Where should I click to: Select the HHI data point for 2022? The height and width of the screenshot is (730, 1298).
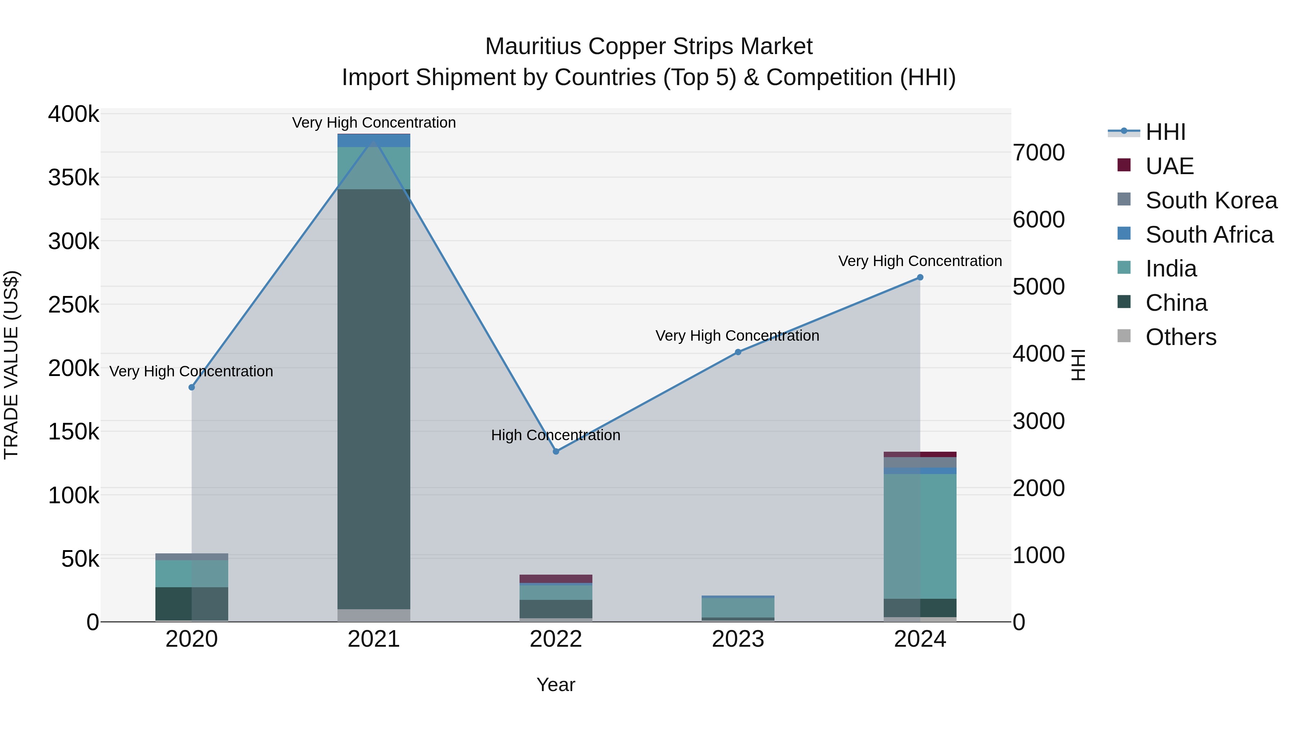556,451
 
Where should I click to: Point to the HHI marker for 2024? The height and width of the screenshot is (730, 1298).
920,277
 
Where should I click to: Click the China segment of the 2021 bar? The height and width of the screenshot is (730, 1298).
374,398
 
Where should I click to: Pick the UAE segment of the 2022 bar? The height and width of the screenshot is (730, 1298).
556,578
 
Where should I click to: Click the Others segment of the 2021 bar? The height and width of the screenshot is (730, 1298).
374,615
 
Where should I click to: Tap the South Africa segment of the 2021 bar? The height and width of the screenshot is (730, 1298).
374,141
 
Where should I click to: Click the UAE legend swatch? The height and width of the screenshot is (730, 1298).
1123,165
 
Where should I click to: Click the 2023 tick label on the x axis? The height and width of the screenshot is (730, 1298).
738,639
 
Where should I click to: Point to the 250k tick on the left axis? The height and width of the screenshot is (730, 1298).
74,305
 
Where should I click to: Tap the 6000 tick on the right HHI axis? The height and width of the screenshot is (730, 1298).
1039,220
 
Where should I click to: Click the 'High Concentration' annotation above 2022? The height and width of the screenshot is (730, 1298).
556,435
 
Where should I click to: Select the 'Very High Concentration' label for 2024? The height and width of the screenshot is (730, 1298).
920,261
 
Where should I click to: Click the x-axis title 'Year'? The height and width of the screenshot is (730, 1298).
556,685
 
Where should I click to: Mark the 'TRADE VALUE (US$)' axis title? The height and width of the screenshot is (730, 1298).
11,365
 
